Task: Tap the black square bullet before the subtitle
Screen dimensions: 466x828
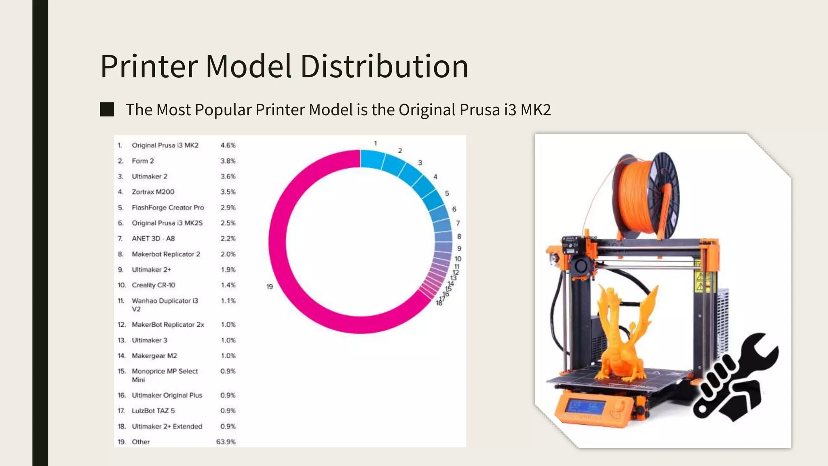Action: click(x=107, y=110)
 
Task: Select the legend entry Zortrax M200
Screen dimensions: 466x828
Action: click(x=153, y=192)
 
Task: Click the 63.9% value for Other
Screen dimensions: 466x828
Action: click(x=226, y=442)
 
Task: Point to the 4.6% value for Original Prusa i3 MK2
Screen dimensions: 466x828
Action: click(x=228, y=145)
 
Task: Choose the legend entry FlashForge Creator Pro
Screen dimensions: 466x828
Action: click(x=168, y=208)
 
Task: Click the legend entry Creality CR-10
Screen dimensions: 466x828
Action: click(x=153, y=285)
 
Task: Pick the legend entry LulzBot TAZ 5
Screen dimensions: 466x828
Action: click(x=153, y=411)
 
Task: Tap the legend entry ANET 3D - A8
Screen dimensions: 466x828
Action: click(x=153, y=239)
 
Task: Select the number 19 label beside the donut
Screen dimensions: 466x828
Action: click(x=270, y=286)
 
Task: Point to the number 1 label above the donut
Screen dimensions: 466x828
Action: click(x=375, y=143)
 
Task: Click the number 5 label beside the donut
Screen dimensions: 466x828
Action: click(x=447, y=193)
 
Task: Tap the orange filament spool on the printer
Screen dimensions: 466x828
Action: click(x=643, y=194)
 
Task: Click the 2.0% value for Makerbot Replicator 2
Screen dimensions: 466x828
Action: click(x=228, y=254)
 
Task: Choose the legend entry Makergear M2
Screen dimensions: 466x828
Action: click(x=154, y=356)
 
